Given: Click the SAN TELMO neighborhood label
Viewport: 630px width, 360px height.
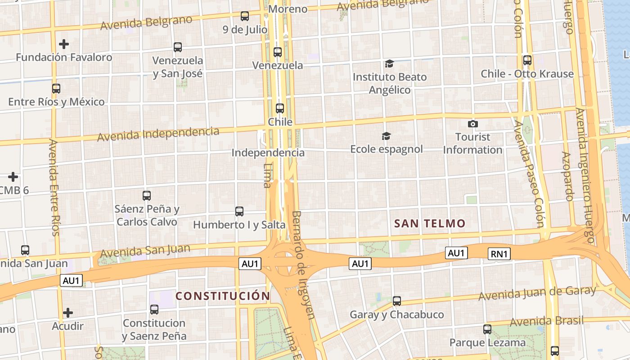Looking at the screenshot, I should [430, 223].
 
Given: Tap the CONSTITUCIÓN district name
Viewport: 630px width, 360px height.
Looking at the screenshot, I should [222, 296].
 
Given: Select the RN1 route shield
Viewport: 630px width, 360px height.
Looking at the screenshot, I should [499, 254].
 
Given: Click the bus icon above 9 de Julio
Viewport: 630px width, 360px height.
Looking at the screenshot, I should [245, 16].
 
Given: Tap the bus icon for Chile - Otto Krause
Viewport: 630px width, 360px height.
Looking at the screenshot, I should [527, 60].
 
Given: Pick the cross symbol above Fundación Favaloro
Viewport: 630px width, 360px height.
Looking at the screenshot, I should [64, 44].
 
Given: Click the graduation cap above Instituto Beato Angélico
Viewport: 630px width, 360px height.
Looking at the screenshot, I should [389, 63].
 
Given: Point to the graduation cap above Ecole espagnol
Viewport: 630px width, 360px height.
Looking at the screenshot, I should [386, 136].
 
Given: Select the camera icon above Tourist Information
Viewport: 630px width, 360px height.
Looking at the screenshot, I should [473, 124].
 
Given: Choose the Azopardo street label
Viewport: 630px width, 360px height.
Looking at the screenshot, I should [567, 175].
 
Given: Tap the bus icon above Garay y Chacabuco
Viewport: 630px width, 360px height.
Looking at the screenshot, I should [397, 301].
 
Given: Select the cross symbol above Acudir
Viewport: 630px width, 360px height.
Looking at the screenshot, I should [68, 312].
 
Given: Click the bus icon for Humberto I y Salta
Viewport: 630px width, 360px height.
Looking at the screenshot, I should [239, 211].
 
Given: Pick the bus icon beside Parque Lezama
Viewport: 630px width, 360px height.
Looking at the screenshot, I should [487, 329].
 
